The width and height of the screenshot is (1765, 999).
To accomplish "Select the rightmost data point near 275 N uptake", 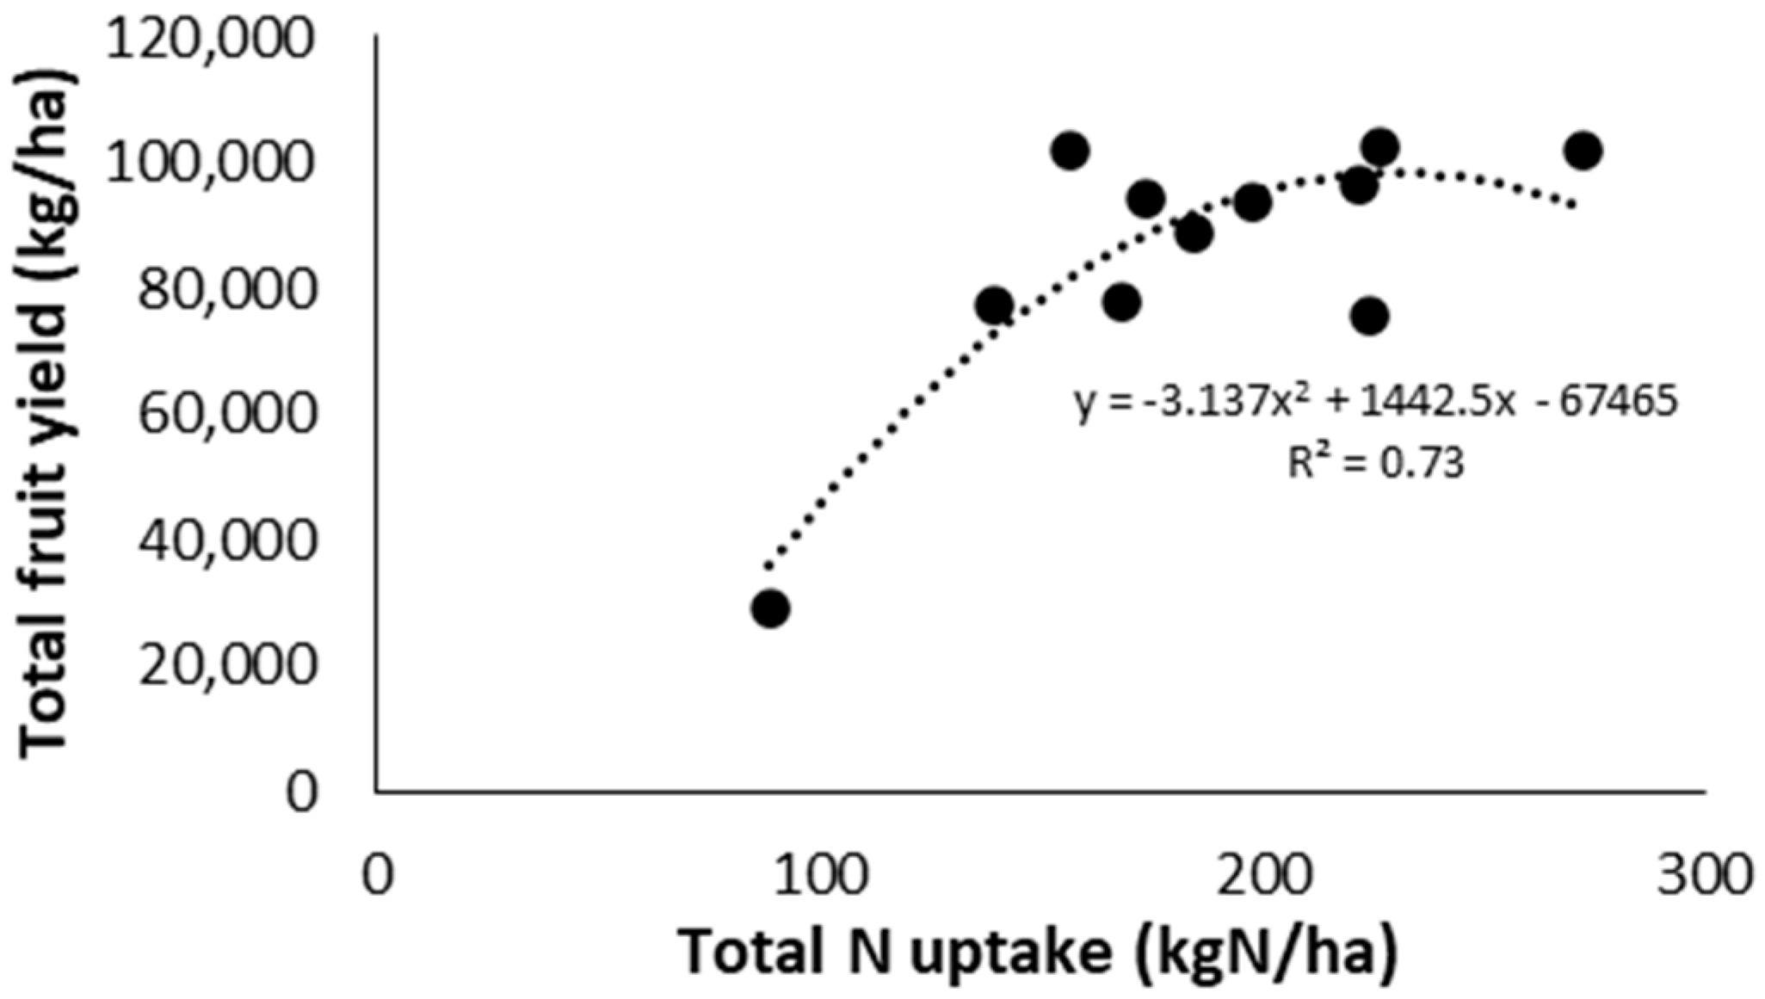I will coord(1583,151).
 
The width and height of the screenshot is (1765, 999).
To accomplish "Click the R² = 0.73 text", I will coord(1375,464).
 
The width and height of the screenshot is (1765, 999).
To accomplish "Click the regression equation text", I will coord(1375,402).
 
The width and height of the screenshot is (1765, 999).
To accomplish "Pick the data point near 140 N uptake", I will coord(995,305).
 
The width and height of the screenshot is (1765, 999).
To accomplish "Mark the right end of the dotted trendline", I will coord(1573,205).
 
